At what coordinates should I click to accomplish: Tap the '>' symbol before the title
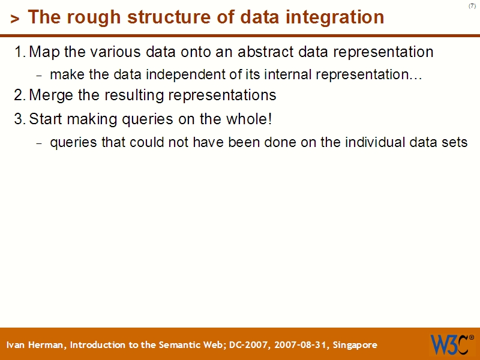pos(15,19)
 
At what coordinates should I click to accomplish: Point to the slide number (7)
pos(472,6)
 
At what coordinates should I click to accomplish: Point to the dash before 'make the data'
pos(40,76)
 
